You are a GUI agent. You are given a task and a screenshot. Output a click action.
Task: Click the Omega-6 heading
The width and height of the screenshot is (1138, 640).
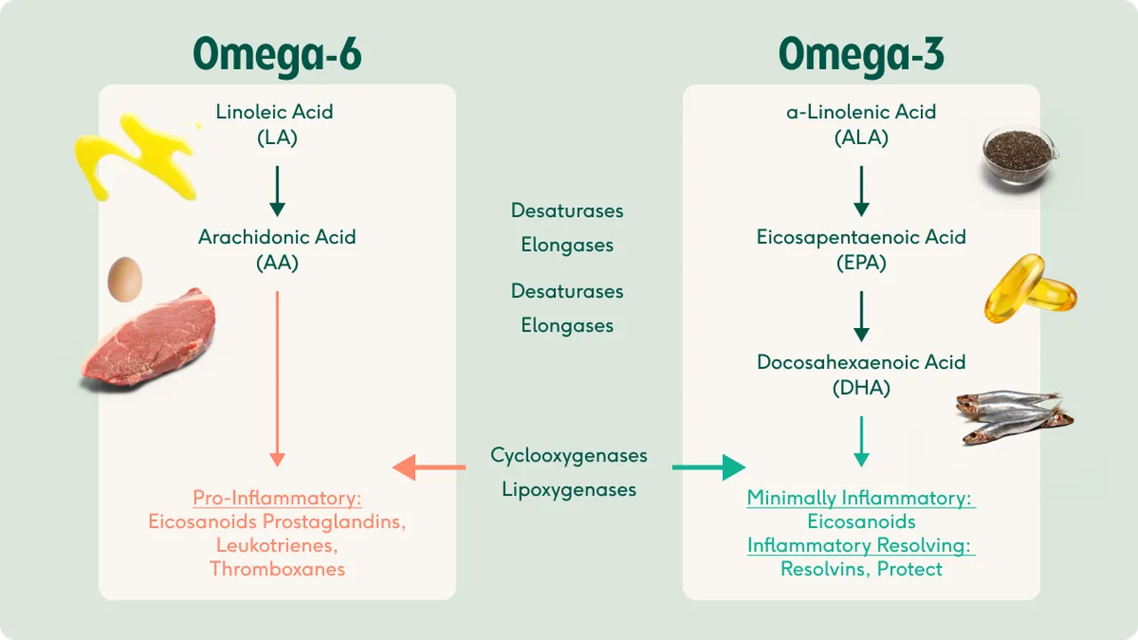pos(276,55)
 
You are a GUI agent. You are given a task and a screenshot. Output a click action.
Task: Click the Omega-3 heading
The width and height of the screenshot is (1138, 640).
pos(861,55)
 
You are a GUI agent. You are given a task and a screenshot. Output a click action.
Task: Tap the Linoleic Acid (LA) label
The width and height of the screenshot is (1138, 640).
pos(275,124)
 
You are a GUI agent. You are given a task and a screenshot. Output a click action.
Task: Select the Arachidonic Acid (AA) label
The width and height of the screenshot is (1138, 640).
pos(276,250)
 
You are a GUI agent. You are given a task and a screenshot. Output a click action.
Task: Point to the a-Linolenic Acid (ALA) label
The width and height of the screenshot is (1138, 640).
pos(861,124)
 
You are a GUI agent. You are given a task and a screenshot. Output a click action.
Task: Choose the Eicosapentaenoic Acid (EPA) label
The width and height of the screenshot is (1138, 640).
pos(861,250)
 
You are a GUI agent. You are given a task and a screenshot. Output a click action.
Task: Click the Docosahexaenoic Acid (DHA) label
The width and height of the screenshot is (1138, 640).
pos(861,374)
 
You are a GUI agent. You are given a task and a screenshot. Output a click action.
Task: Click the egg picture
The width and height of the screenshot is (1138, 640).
pos(124,279)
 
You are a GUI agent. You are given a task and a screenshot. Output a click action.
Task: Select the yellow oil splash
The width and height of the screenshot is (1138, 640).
pos(133,156)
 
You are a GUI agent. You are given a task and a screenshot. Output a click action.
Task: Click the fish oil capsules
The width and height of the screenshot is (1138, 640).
pos(1029,290)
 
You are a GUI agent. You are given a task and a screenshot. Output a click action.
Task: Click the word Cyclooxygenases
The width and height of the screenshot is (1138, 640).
pos(569,455)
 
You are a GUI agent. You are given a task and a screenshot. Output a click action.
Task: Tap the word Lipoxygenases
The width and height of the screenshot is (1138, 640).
pos(569,489)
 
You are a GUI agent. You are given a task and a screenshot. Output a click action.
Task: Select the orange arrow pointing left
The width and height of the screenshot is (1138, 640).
pos(429,467)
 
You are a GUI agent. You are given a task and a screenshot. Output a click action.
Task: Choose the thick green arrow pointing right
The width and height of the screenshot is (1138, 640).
pos(709,467)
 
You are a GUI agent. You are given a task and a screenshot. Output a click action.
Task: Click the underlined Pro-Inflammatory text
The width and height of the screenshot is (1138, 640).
pos(277,498)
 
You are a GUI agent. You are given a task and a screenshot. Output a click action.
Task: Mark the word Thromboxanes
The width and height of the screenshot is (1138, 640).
pos(277,569)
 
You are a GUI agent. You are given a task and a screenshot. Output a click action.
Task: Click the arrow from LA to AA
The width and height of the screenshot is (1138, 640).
pos(277,190)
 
